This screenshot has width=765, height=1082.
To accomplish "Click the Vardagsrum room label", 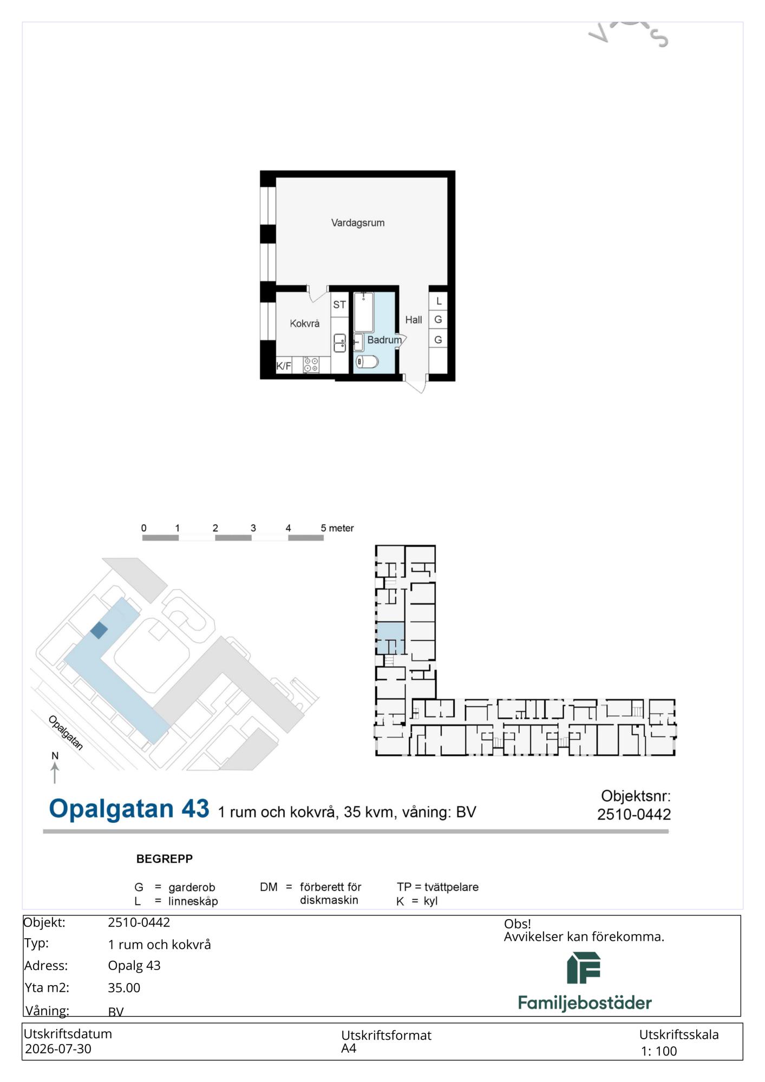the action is tap(358, 223).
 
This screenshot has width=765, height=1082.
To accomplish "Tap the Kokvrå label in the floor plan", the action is tap(304, 324).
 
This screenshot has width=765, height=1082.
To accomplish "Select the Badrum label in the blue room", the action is tap(384, 340).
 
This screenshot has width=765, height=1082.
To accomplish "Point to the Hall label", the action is tap(414, 320).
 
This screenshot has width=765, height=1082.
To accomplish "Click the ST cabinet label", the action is tap(339, 305).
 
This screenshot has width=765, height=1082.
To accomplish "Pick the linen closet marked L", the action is tap(439, 301).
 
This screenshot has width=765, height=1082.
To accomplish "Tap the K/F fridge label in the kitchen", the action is tap(284, 366).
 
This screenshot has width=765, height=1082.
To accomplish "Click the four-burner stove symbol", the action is tap(311, 365).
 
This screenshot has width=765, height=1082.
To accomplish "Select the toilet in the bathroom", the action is tap(367, 361).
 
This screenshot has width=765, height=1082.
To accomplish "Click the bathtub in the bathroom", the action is tap(364, 312).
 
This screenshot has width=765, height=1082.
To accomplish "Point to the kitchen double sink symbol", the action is tap(339, 342).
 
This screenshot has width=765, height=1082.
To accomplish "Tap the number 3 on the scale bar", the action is tap(253, 528).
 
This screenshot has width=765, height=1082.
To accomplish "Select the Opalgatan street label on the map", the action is tap(66, 733).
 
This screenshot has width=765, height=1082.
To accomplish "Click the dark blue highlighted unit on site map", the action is tap(99, 630).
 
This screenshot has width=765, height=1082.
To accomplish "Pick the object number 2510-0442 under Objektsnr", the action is tap(634, 814).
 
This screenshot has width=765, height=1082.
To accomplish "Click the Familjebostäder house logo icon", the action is tap(584, 968).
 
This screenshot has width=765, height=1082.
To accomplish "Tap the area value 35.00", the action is tap(124, 988).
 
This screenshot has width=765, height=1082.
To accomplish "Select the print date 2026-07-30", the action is tap(58, 1048).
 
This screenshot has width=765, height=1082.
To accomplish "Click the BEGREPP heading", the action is tap(165, 859).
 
